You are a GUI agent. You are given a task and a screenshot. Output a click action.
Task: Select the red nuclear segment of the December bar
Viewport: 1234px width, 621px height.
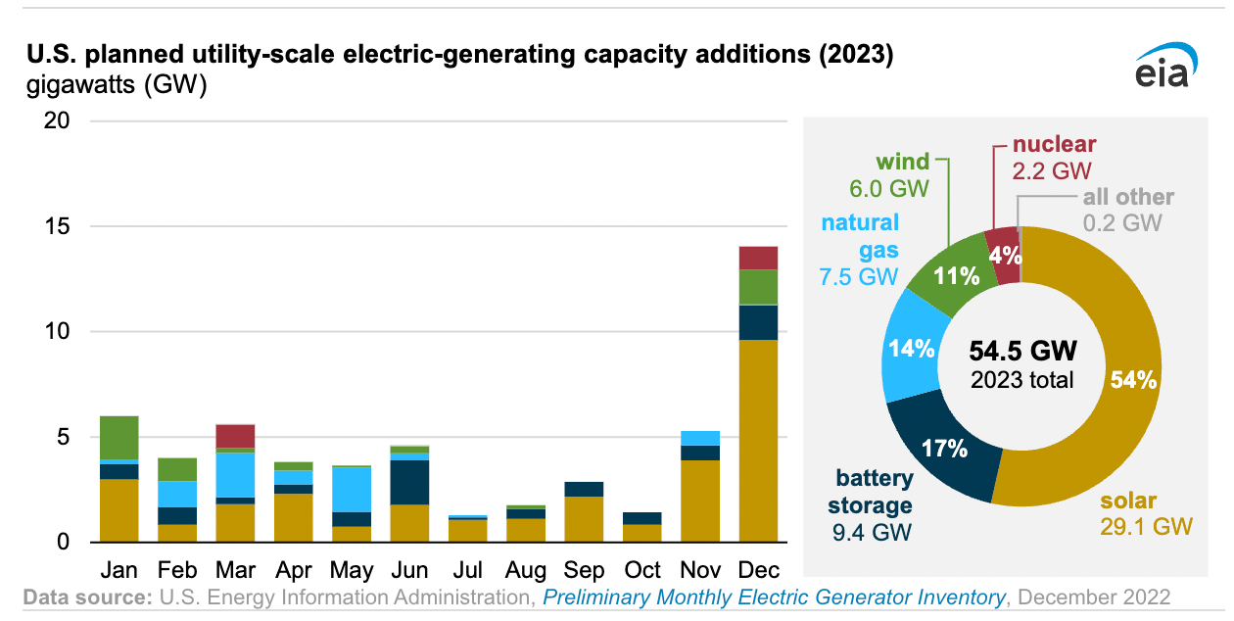[x=758, y=258]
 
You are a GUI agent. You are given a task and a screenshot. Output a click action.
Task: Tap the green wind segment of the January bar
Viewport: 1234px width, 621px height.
[x=119, y=437]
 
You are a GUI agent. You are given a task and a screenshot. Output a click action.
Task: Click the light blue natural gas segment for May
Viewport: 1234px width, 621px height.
[x=352, y=489]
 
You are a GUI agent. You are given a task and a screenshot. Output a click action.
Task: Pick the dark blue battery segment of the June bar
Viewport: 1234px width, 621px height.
[x=409, y=482]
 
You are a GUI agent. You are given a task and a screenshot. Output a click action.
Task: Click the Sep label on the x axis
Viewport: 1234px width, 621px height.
[x=584, y=570]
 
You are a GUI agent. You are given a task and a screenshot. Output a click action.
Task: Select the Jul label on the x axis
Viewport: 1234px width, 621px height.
[x=468, y=570]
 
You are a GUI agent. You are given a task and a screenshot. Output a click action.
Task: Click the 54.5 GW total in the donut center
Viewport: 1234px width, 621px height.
[x=1021, y=351]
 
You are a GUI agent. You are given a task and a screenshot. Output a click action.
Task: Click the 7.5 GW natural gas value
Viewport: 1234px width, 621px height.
[x=859, y=277]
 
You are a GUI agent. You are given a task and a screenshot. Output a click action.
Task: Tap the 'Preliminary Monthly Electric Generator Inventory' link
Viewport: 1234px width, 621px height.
[x=774, y=597]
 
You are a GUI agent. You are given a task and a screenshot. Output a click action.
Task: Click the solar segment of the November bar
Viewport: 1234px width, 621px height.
[x=700, y=501]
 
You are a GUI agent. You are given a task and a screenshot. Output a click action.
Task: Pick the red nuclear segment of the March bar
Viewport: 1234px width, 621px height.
[x=235, y=436]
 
